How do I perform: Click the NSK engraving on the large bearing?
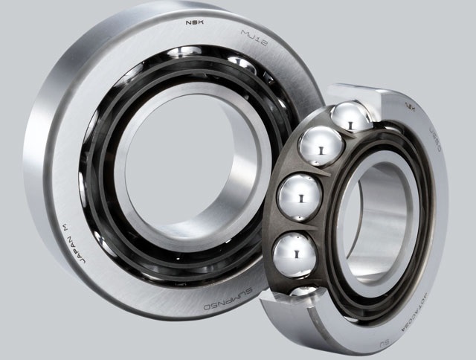coord(196,23)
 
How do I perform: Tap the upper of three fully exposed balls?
coord(320,147)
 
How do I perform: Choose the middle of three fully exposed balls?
coord(299,197)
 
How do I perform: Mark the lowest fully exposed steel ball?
coord(295,254)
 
